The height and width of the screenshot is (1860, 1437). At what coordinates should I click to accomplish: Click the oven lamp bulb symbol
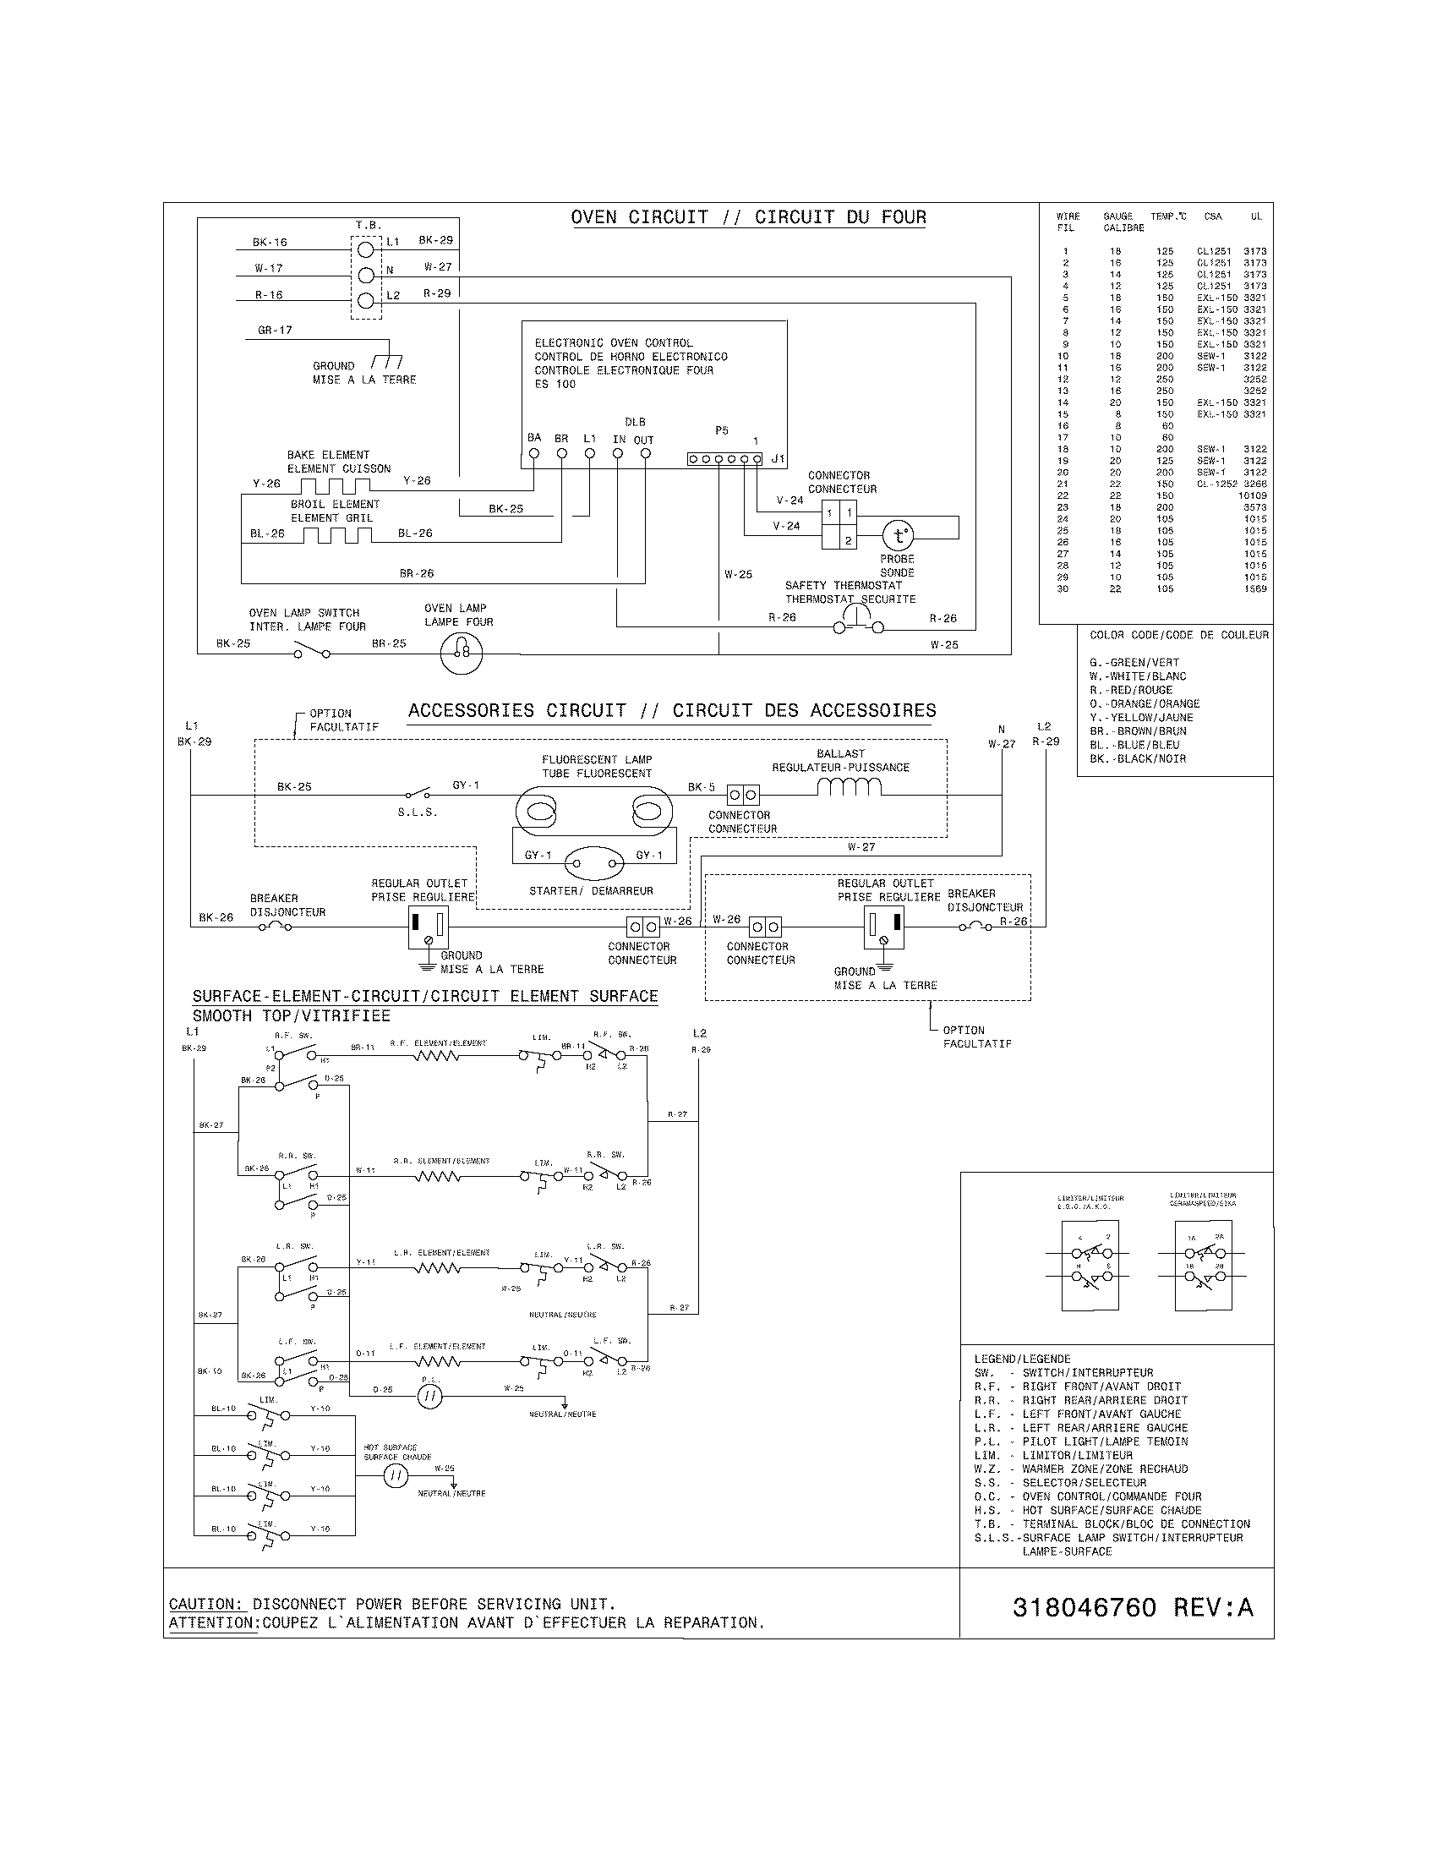[461, 654]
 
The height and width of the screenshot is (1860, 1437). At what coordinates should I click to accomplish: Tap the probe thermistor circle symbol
[897, 536]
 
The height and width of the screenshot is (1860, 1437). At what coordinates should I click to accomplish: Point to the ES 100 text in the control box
[555, 384]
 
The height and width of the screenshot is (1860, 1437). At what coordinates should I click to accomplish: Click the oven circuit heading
[748, 217]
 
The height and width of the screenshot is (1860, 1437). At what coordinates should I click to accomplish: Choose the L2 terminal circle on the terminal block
[366, 300]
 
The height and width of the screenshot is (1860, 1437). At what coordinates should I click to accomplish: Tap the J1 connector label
[777, 458]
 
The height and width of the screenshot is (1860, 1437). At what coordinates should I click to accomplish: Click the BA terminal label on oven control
[533, 438]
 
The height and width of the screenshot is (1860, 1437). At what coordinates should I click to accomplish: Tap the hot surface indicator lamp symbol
[396, 1477]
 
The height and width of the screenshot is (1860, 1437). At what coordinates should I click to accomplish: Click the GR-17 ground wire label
[275, 330]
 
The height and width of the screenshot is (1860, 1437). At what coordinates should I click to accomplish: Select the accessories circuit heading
[672, 710]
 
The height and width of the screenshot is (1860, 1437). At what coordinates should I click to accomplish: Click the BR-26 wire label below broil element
[416, 573]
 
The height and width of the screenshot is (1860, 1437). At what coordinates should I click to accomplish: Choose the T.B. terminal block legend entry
[1112, 1524]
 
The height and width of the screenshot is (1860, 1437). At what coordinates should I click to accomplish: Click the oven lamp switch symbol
[311, 653]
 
